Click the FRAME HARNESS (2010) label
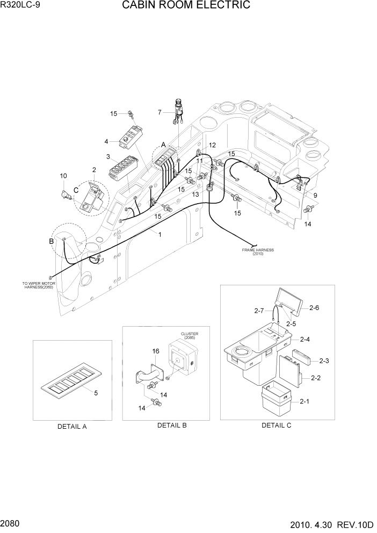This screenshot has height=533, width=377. [258, 251]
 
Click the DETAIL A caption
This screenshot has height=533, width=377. [72, 426]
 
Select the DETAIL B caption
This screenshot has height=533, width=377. [172, 425]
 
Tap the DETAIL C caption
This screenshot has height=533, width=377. [276, 425]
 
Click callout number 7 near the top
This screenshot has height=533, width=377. [160, 112]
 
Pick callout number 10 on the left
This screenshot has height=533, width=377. [63, 176]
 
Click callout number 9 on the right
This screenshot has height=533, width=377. [315, 196]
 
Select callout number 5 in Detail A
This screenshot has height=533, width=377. [96, 393]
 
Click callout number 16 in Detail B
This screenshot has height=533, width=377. [156, 351]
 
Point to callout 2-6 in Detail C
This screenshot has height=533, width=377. [315, 307]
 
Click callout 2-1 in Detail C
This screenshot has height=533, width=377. [305, 401]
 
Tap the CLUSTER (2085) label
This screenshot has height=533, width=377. [190, 336]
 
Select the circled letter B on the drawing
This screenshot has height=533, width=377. [52, 241]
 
